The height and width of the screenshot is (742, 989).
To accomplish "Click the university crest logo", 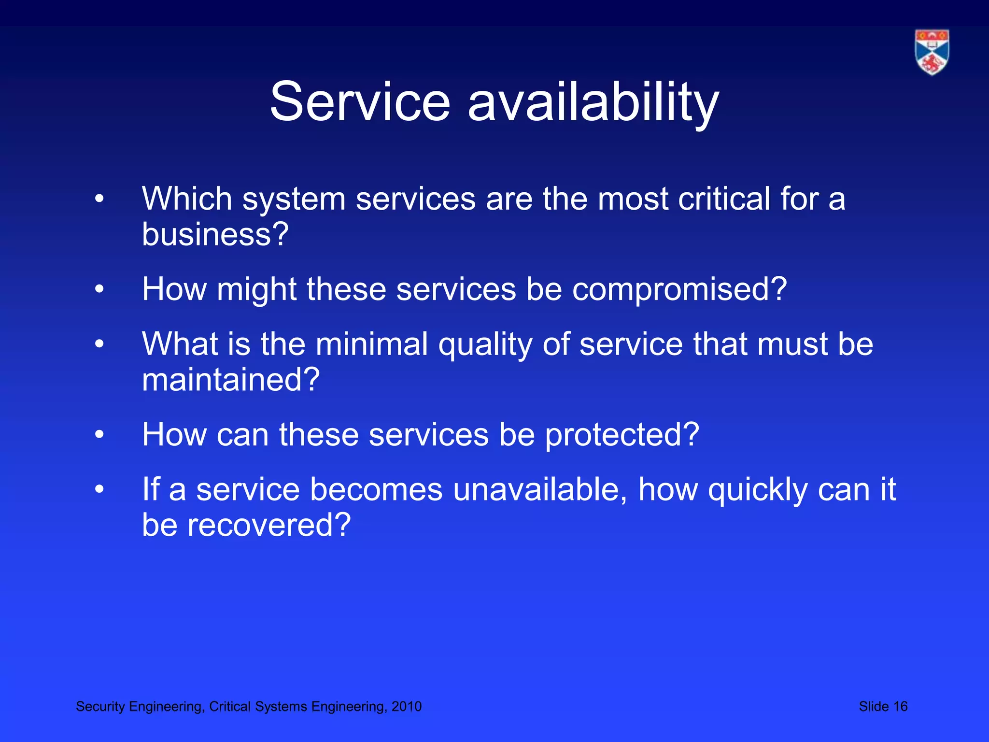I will coord(932,52).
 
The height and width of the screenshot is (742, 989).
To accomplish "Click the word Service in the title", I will coord(360,102).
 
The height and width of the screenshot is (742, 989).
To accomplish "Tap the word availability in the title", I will coord(593,103).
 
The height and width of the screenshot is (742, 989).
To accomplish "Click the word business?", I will coord(215,234).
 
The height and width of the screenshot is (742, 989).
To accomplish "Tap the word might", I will coord(256,289).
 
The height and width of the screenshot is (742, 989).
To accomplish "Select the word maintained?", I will coord(231,380).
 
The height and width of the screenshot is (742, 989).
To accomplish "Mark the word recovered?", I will coord(269,525).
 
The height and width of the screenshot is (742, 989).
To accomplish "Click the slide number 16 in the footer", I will coord(900,706).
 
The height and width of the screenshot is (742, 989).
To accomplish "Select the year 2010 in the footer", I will coord(407,706).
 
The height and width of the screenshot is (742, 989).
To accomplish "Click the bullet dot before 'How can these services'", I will coord(99,434).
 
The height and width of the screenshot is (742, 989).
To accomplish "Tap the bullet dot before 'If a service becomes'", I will coord(99,489).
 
